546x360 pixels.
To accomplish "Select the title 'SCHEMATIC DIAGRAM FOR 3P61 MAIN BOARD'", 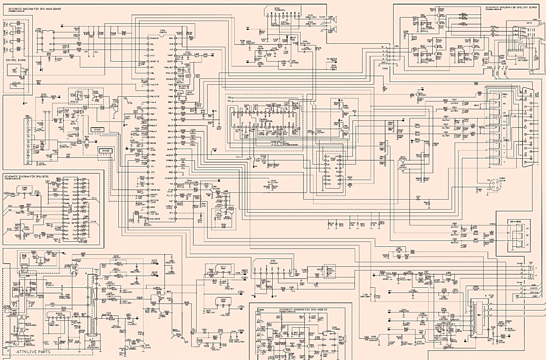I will pyautogui.click(x=32, y=9).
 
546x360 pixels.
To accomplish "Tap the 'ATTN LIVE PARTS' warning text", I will pyautogui.click(x=33, y=351).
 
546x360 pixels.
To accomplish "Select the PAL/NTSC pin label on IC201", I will pyautogui.click(x=155, y=97).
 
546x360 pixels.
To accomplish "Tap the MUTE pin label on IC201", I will pyautogui.click(x=153, y=79).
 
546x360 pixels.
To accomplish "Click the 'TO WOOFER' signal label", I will pyautogui.click(x=332, y=59).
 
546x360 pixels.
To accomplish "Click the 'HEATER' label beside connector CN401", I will pyautogui.click(x=534, y=288).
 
